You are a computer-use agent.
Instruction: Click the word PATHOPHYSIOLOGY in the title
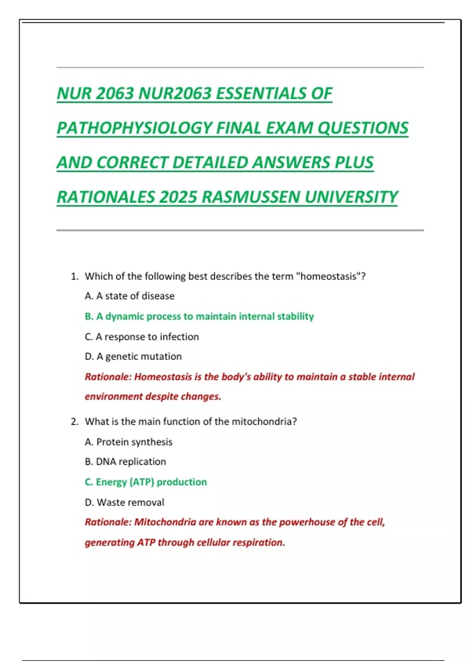coord(135,128)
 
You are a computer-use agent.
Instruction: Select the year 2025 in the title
coord(178,197)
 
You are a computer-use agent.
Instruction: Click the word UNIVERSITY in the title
coord(351,197)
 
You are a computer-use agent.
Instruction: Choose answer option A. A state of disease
coord(130,296)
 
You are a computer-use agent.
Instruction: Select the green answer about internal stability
coord(199,317)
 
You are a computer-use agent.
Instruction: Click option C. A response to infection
coord(142,337)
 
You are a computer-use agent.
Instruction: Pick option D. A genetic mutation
coord(133,357)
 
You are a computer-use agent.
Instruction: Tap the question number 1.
coord(74,276)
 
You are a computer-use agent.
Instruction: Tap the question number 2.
coord(74,422)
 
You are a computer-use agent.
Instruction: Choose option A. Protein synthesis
coord(128,442)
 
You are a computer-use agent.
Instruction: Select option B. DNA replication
coord(125,462)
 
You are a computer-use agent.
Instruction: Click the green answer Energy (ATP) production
coord(146,482)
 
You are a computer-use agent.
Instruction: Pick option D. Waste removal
coord(125,502)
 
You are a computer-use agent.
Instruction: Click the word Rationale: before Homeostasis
coord(108,377)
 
